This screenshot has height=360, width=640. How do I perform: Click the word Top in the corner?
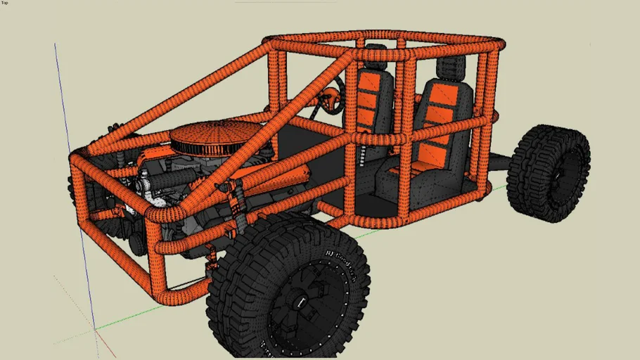[5, 3]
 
